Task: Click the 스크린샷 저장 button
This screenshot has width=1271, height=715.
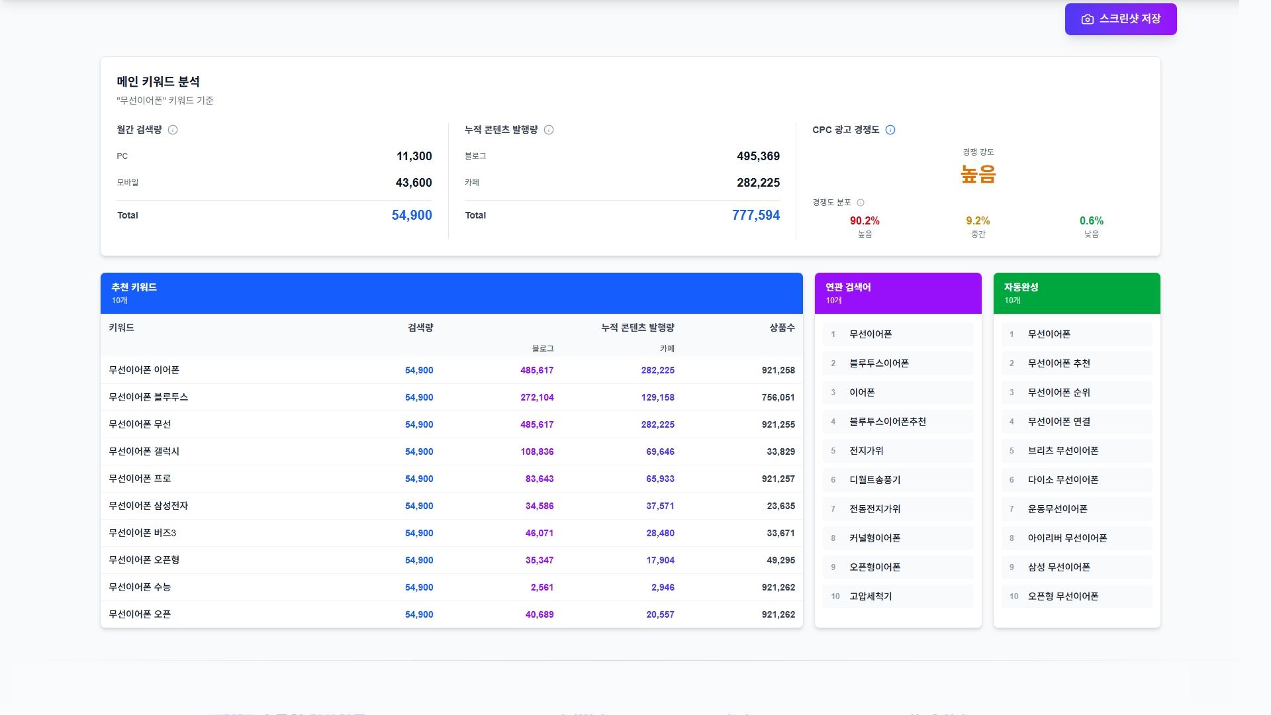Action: click(1121, 19)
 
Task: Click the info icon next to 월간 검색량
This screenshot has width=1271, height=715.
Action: click(173, 130)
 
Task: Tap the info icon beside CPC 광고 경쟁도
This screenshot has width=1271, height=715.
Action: click(890, 130)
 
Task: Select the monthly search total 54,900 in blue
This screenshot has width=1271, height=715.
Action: click(411, 215)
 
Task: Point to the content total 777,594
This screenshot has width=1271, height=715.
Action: click(755, 215)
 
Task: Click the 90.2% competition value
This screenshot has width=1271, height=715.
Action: click(865, 220)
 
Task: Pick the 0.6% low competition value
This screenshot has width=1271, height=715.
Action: click(1091, 220)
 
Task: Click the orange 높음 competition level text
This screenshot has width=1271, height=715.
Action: click(978, 174)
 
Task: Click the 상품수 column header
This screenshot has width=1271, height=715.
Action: click(782, 328)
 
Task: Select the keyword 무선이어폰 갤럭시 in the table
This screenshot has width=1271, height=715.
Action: click(144, 452)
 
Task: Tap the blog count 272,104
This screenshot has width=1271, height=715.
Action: click(536, 397)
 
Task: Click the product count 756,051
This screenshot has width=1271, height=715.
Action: click(778, 397)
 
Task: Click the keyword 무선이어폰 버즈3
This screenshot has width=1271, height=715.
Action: click(142, 533)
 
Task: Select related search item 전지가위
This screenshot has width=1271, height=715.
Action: click(867, 451)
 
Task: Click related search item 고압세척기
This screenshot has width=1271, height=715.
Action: click(871, 596)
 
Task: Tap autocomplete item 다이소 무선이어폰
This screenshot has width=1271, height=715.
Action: click(1062, 480)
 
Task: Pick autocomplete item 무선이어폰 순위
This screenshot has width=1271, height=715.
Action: click(1059, 393)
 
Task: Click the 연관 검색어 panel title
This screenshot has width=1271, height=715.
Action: click(848, 287)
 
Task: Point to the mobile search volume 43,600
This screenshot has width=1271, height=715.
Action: click(413, 183)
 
